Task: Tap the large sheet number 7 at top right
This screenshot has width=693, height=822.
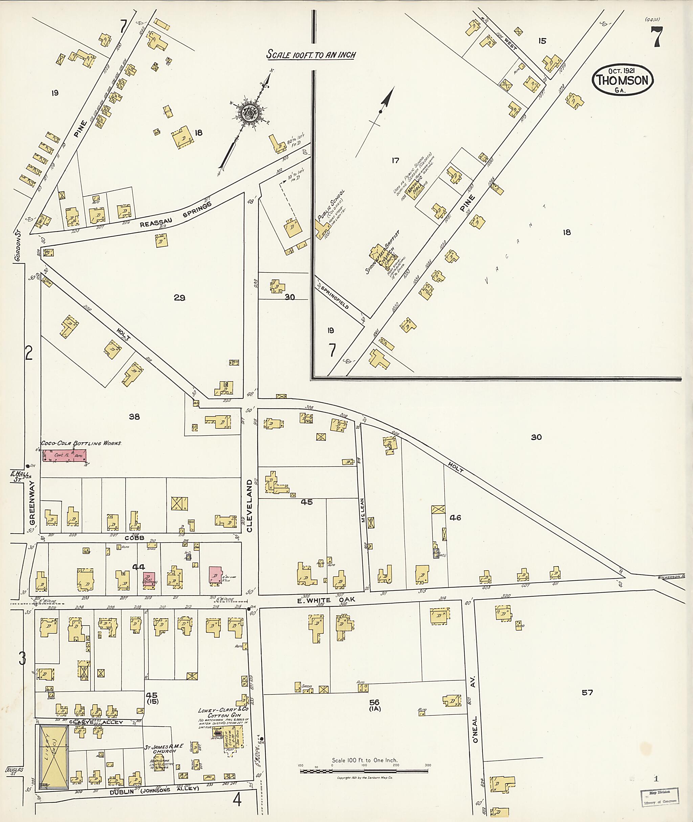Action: pos(657,37)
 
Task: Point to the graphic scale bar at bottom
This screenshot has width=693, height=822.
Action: pos(364,771)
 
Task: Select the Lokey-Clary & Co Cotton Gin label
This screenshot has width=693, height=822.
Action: pos(223,713)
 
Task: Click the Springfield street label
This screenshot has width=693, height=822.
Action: pos(334,297)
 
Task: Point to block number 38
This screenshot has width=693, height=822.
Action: pos(134,417)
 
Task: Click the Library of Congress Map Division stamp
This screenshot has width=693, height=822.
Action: pos(660,798)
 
